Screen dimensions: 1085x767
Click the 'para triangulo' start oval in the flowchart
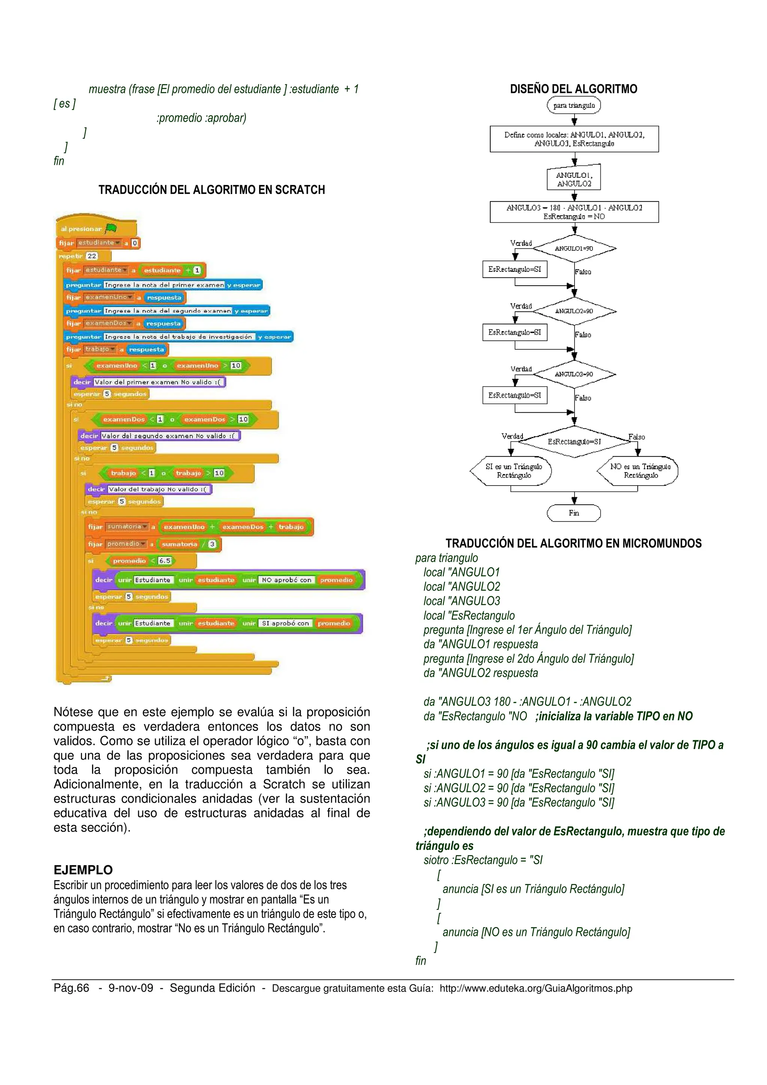click(x=574, y=105)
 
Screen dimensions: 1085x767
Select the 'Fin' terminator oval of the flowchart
click(x=574, y=513)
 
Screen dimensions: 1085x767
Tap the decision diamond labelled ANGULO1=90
click(x=574, y=249)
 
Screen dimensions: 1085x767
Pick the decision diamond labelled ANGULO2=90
click(x=574, y=311)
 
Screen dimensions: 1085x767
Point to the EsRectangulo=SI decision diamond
click(x=574, y=442)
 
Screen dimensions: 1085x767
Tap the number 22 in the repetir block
click(x=92, y=256)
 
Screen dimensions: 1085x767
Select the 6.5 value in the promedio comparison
click(x=164, y=561)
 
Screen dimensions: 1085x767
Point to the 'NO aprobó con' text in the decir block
click(x=287, y=580)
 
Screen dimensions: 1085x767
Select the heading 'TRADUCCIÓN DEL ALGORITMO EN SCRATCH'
click(x=212, y=190)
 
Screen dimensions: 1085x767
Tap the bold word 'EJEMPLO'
click(x=83, y=870)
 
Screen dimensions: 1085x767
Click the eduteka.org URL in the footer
click(x=536, y=988)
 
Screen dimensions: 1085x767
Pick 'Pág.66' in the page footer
click(x=72, y=988)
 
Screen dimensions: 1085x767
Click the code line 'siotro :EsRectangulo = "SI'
click(x=483, y=860)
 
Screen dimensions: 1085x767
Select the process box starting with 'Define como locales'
click(x=574, y=139)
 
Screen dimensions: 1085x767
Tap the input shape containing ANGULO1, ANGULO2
click(x=574, y=179)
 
